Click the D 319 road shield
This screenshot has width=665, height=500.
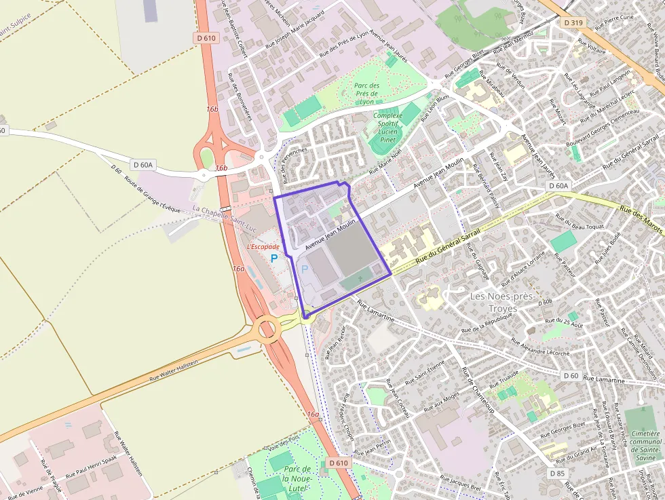pyautogui.click(x=573, y=22)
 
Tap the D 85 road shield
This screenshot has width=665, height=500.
pyautogui.click(x=557, y=473)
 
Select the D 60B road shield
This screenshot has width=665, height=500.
pyautogui.click(x=544, y=301)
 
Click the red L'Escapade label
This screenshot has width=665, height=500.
pyautogui.click(x=263, y=247)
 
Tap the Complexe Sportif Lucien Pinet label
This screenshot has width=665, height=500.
pyautogui.click(x=388, y=127)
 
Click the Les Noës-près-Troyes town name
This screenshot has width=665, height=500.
pyautogui.click(x=503, y=302)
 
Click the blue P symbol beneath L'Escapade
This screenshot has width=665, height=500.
pyautogui.click(x=274, y=258)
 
